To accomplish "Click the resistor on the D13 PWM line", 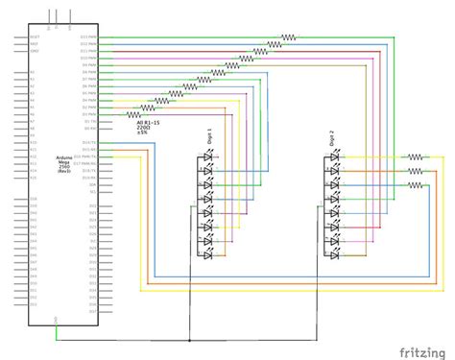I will click(x=289, y=38).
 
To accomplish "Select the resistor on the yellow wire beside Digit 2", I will click(x=415, y=156).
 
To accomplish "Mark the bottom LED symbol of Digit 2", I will click(x=333, y=256).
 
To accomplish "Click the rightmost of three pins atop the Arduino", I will click(x=69, y=13).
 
